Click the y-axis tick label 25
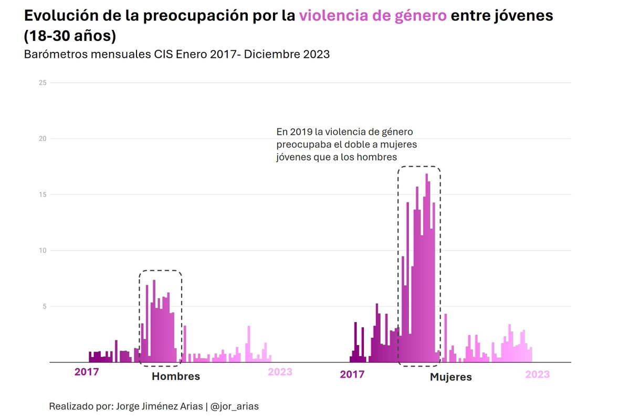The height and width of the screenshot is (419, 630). [x=43, y=82]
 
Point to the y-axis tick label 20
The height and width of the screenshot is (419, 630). [x=43, y=138]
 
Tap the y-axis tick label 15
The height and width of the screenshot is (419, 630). [x=43, y=195]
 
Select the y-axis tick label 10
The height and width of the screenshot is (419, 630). [x=43, y=250]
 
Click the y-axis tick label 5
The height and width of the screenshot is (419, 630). [x=44, y=306]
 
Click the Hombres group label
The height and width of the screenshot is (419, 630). [x=176, y=377]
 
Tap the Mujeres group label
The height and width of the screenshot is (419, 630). [x=450, y=377]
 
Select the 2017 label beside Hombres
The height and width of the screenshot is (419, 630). [x=87, y=372]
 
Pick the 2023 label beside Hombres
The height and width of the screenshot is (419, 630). [x=280, y=372]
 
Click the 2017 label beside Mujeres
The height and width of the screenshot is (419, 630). [x=352, y=374]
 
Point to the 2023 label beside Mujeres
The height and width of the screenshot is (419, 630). [x=537, y=374]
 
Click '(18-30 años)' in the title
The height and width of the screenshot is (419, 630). [x=70, y=37]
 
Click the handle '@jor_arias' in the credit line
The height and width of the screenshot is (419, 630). [x=235, y=406]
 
